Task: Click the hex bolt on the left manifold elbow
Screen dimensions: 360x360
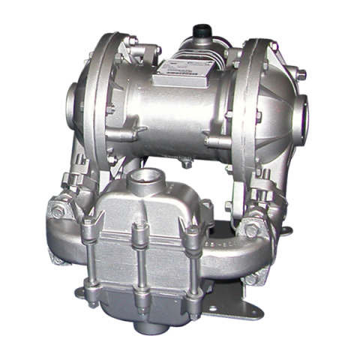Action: (x=58, y=212)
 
